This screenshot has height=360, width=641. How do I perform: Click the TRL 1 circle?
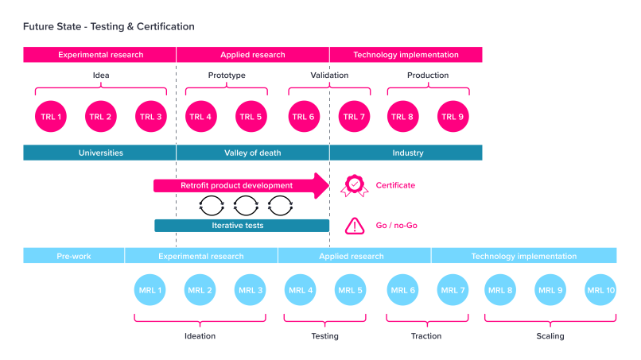pos(50,117)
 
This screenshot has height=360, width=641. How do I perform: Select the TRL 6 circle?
pos(302,117)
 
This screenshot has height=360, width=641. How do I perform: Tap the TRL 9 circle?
pos(452,117)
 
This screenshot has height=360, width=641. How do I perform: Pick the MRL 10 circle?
pos(600,290)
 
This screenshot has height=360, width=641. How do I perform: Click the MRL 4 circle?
pos(300,290)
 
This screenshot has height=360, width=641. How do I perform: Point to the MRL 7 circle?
pos(452,290)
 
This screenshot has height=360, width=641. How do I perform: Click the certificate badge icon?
pos(354,185)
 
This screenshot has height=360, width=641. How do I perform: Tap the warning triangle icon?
pos(354,226)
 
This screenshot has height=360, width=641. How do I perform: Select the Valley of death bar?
pos(253,153)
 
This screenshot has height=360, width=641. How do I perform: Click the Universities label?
pos(100,153)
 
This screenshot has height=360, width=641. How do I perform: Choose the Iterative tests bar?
pos(242,226)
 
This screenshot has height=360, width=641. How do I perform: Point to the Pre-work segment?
pos(74,256)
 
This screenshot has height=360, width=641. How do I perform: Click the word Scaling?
pos(550,336)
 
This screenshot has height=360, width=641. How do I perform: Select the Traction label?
pos(426,336)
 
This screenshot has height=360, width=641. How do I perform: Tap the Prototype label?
pos(227,75)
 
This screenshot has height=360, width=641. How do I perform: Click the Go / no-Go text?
pos(396,226)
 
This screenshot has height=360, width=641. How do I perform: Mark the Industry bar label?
pos(407,153)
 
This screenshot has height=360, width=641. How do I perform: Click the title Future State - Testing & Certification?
pos(109,26)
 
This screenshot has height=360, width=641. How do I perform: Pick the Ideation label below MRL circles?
pos(200,336)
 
